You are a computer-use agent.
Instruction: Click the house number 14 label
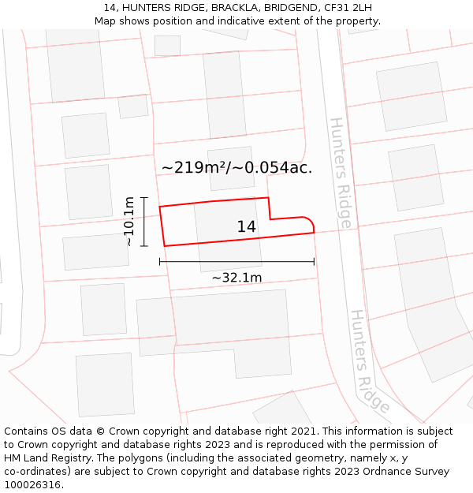246,227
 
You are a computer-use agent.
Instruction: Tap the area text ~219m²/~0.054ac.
236,167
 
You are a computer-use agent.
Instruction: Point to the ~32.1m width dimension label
236,278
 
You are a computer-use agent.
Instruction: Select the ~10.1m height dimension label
129,222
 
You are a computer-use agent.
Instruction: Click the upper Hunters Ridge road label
340,173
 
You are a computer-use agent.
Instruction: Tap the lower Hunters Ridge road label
370,361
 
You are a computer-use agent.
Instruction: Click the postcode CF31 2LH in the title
348,8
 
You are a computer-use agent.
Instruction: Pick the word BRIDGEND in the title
291,8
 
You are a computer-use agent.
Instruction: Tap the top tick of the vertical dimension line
143,197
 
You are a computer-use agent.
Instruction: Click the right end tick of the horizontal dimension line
314,261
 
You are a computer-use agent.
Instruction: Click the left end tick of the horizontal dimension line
160,261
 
